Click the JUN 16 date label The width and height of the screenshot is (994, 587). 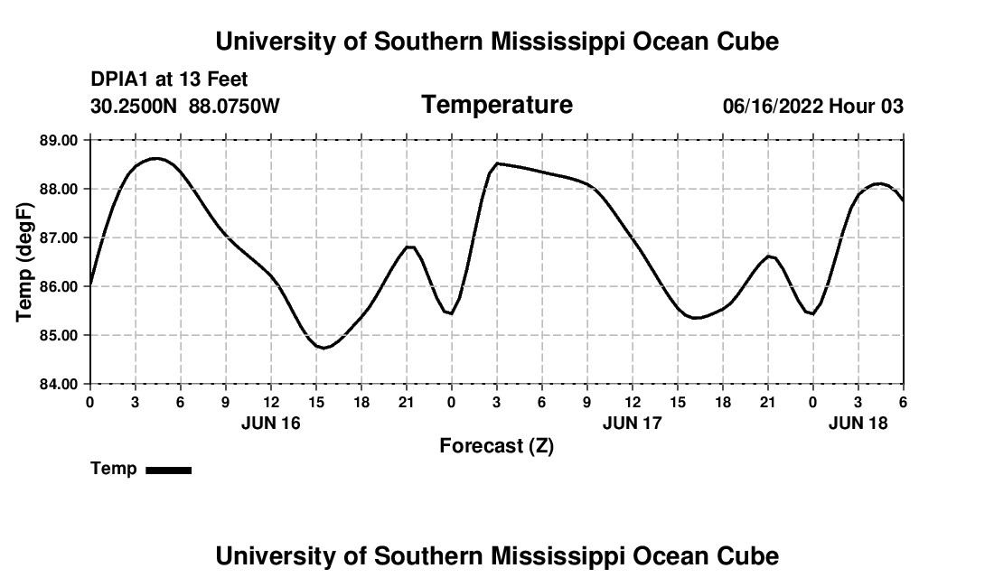[x=270, y=423]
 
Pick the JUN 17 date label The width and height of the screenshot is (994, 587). [x=632, y=423]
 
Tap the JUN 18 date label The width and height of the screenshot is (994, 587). [x=858, y=423]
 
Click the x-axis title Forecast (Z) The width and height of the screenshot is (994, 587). [x=496, y=446]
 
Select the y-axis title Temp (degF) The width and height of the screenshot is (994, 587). [x=24, y=262]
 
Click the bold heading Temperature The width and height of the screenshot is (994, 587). [x=497, y=105]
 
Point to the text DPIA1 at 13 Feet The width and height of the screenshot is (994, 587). [x=169, y=79]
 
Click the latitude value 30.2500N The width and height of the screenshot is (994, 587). [x=135, y=107]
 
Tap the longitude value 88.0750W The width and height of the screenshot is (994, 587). [x=234, y=107]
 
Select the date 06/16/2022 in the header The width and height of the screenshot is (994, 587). [x=773, y=107]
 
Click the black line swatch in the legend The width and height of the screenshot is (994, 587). [x=168, y=470]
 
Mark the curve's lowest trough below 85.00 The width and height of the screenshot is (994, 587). [x=322, y=348]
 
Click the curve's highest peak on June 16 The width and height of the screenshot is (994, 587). [x=156, y=158]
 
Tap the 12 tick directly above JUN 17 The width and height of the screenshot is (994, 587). [x=632, y=401]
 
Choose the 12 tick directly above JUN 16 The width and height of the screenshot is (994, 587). [x=270, y=401]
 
